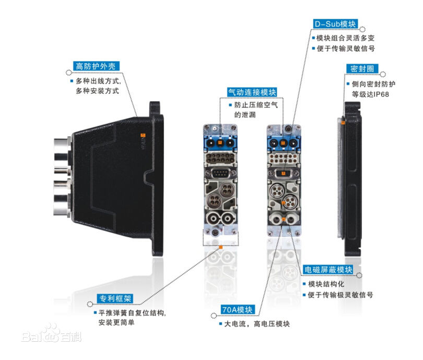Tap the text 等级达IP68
pyautogui.click(x=370, y=95)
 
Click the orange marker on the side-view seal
pyautogui.click(x=344, y=122)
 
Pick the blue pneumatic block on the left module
pyautogui.click(x=220, y=141)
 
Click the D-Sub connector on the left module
pyautogui.click(x=220, y=174)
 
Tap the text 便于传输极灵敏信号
pyautogui.click(x=342, y=295)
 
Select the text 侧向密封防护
pyautogui.click(x=373, y=84)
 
